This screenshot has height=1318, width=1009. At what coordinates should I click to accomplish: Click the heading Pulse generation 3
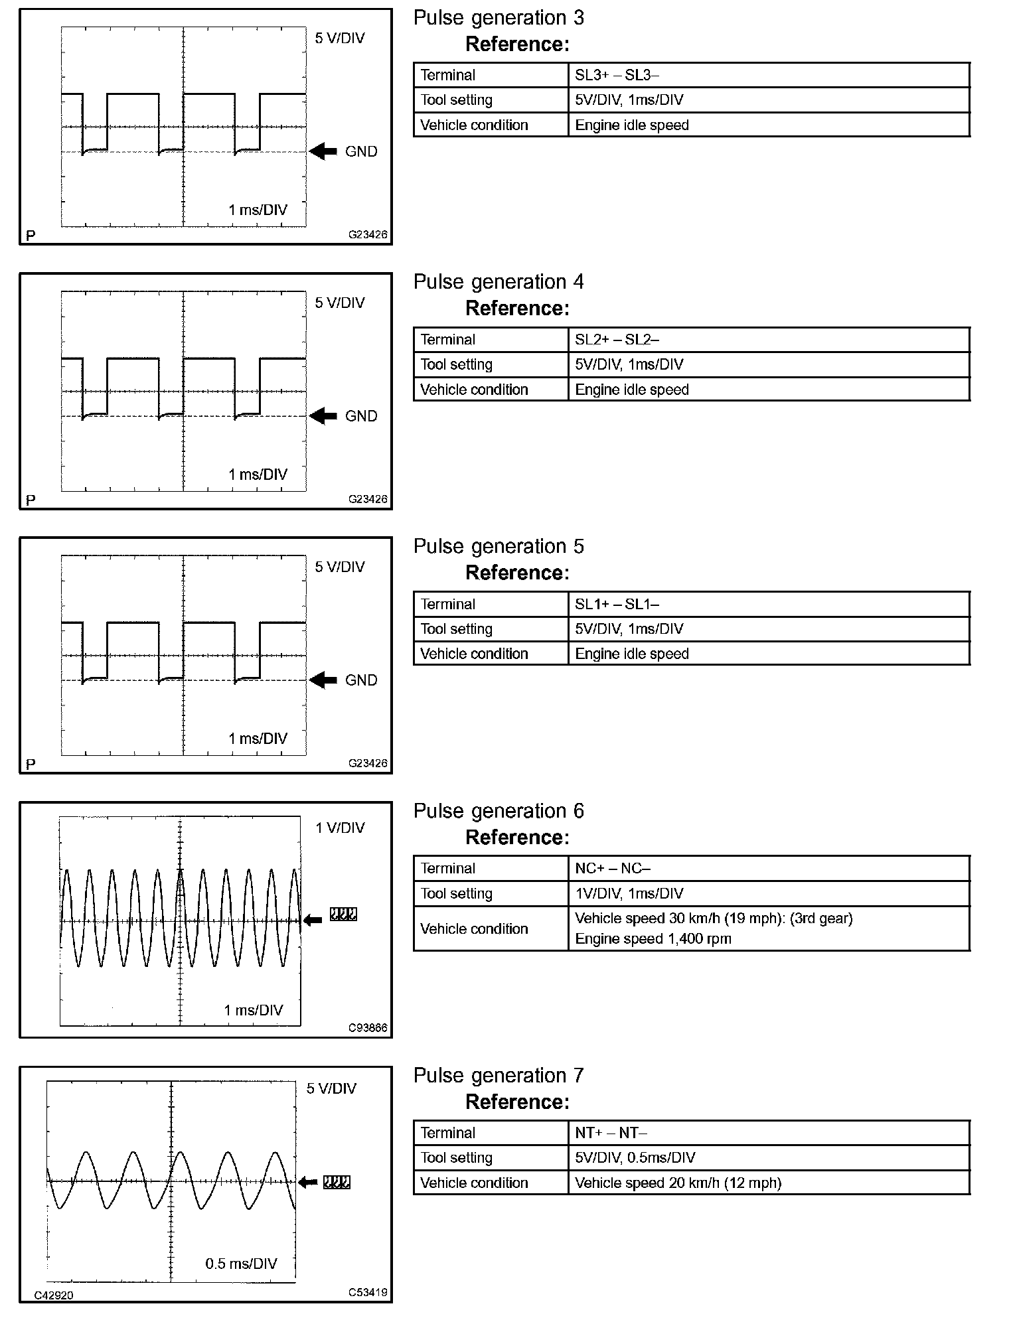[x=499, y=18]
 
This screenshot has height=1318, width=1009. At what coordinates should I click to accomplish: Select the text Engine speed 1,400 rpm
[x=653, y=938]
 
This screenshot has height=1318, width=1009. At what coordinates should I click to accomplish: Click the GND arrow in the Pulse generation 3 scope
[x=323, y=151]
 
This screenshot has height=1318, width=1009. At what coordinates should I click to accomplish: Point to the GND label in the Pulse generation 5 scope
[x=361, y=680]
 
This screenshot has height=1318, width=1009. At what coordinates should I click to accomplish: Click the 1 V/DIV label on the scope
[x=340, y=828]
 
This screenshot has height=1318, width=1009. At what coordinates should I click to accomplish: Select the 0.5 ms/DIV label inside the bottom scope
[x=241, y=1263]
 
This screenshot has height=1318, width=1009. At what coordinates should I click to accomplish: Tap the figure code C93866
[x=368, y=1028]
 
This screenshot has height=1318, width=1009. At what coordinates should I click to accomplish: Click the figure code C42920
[x=54, y=1295]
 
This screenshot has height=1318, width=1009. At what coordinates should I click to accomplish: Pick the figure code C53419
[x=368, y=1292]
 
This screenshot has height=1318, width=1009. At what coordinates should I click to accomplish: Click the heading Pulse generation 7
[x=499, y=1076]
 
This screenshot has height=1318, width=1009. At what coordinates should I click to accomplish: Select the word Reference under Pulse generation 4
[x=517, y=309]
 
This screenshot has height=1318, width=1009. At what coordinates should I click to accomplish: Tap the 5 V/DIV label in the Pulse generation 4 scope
[x=340, y=303]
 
